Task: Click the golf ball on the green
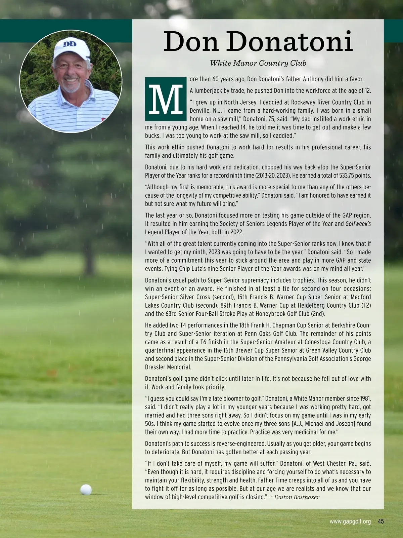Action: [86, 490]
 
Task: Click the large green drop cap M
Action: [166, 99]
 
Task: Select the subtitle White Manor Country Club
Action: [258, 63]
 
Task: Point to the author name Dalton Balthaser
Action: [297, 497]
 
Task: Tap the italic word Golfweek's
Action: [358, 224]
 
